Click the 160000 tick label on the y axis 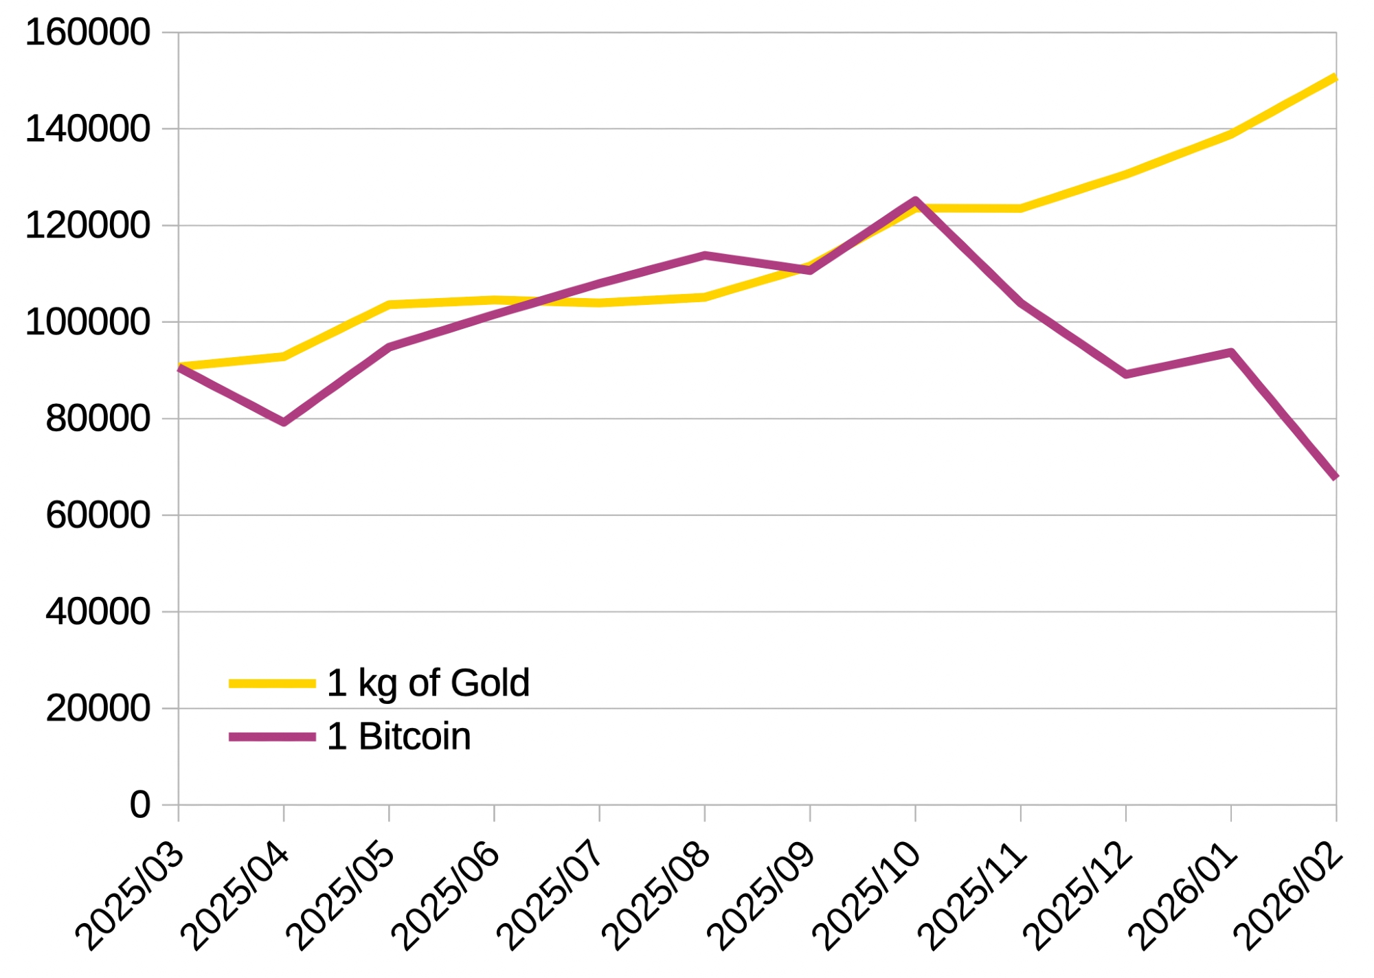click(x=87, y=32)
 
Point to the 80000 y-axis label click(x=98, y=418)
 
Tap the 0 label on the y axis click(x=140, y=804)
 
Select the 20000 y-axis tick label click(x=98, y=708)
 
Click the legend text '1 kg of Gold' click(x=428, y=683)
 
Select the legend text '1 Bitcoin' click(x=399, y=736)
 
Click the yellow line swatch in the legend click(x=272, y=683)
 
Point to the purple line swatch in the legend click(x=272, y=737)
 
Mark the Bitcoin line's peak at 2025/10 click(x=915, y=201)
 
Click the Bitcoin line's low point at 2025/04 click(x=284, y=422)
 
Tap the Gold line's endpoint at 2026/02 click(x=1335, y=78)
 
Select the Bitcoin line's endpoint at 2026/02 click(x=1335, y=477)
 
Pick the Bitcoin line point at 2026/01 click(x=1231, y=352)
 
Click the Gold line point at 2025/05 click(x=389, y=304)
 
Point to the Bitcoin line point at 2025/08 click(x=705, y=255)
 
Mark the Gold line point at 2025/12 click(x=1126, y=174)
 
